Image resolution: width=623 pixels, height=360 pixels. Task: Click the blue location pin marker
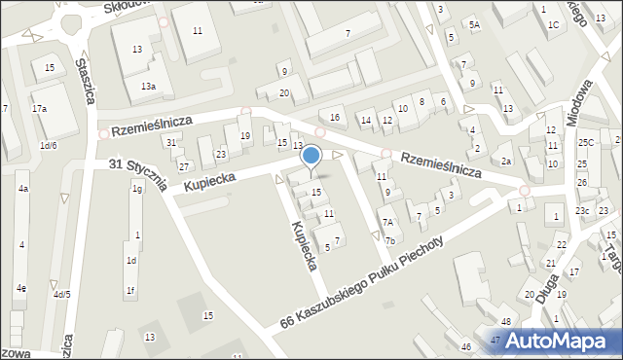pos(311,156)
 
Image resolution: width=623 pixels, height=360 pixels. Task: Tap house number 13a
pos(148,87)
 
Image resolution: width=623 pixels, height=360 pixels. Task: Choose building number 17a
pos(39,109)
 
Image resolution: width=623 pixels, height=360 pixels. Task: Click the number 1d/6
pos(48,146)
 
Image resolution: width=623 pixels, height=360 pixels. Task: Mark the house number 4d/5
pos(62,294)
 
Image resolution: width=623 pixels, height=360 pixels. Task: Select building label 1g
pos(137,189)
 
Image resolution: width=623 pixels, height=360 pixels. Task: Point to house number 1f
pos(130,290)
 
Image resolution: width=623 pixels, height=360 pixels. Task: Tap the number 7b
pos(389,240)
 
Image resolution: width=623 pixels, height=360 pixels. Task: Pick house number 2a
pos(506,162)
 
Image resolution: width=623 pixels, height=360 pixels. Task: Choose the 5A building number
pos(474,24)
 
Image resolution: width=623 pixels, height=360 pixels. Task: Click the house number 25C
pos(584,142)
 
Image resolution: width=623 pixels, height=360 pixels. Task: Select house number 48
pos(506,321)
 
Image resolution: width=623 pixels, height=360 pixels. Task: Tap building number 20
pos(284,93)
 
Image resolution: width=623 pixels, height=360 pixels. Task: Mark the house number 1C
pos(553,24)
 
